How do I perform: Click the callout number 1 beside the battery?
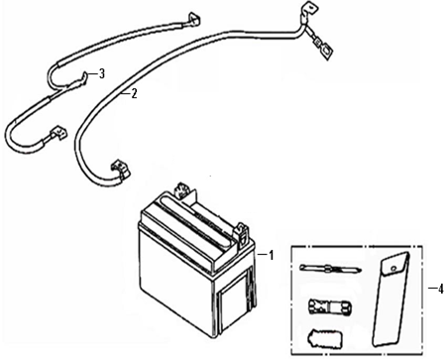[x=272, y=255]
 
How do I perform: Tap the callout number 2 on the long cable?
[x=134, y=94]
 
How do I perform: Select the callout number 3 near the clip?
[x=102, y=73]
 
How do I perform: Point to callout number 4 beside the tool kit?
[x=440, y=289]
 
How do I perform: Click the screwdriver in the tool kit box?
[x=330, y=268]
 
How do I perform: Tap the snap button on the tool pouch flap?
[x=393, y=268]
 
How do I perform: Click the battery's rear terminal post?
[x=182, y=191]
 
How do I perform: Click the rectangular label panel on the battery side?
[x=233, y=302]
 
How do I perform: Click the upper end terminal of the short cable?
[x=194, y=19]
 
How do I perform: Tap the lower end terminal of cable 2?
[x=121, y=170]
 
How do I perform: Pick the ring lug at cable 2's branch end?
[x=327, y=52]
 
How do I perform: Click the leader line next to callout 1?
[x=263, y=255]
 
